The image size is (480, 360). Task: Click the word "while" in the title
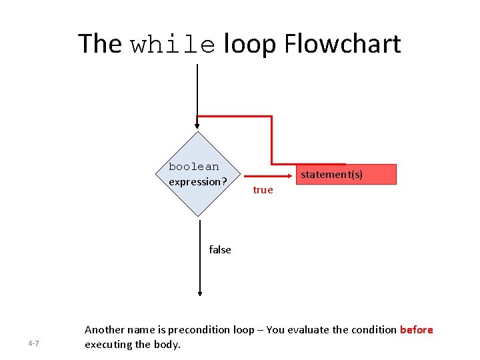[x=173, y=45]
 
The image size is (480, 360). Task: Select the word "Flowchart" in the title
[x=343, y=44]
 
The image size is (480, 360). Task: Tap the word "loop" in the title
[x=250, y=45]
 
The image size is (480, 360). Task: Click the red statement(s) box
[x=346, y=174]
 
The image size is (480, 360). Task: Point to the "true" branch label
[x=263, y=190]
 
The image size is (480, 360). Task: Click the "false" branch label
[x=220, y=250]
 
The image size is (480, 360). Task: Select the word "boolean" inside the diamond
[x=193, y=167]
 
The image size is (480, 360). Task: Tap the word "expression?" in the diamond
[x=198, y=181]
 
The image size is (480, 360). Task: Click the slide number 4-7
[x=33, y=343]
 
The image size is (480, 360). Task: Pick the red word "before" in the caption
[x=417, y=330]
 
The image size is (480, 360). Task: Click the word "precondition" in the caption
[x=198, y=330]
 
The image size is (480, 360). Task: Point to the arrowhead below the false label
[x=199, y=292]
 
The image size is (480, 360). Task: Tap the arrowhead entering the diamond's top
[x=197, y=125]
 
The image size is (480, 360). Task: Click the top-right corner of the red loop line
[x=271, y=117]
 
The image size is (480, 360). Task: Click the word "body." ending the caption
[x=167, y=345]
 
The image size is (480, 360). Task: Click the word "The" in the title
[x=100, y=44]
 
